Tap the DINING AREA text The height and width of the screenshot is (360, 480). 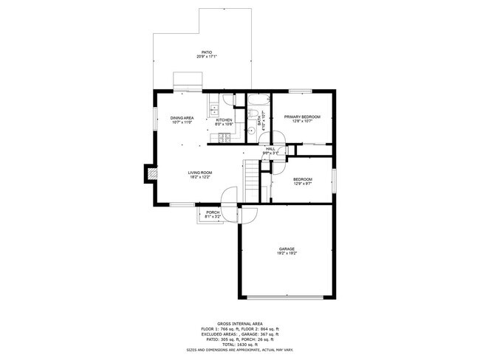click(182, 118)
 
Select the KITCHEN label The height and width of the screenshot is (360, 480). click(224, 120)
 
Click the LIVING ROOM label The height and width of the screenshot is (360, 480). click(199, 173)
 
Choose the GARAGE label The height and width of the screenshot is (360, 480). click(287, 249)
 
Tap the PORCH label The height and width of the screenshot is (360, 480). click(213, 212)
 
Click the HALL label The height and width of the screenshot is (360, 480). click(270, 149)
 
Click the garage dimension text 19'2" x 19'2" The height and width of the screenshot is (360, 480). click(287, 254)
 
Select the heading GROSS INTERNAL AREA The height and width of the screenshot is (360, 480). click(240, 323)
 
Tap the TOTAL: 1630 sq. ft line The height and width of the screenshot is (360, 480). click(240, 345)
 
